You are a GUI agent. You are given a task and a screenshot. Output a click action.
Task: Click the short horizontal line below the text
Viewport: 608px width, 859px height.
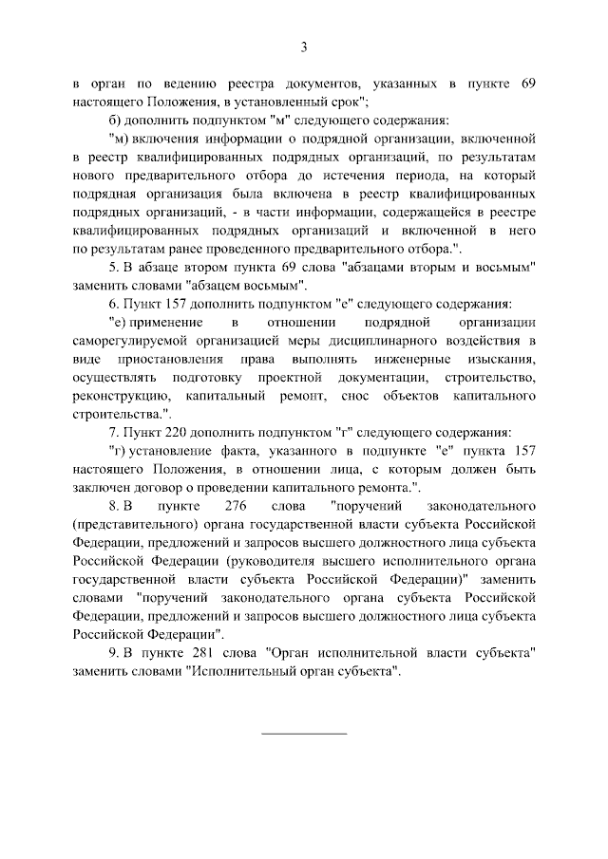(x=304, y=733)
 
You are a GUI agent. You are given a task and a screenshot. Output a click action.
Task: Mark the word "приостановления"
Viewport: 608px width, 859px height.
(x=171, y=361)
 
